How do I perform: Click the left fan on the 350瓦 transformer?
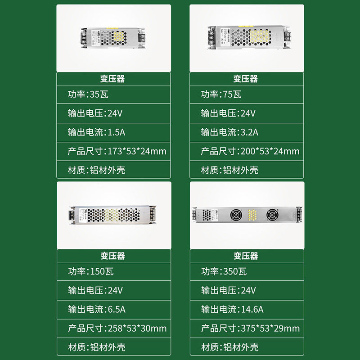(236, 214)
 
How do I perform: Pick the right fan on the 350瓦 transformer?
(272, 214)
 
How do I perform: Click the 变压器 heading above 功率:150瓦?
(113, 256)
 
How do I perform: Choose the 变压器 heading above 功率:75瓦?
(246, 79)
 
